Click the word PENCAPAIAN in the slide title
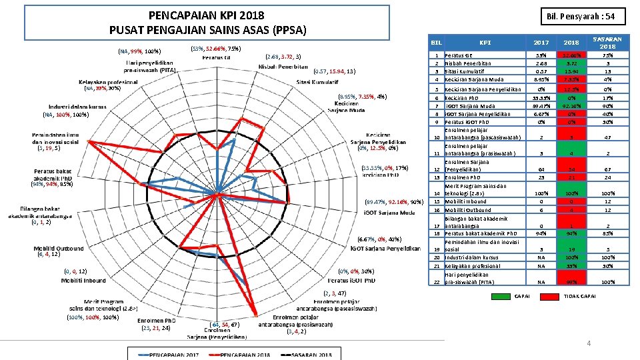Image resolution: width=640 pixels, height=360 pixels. [x=177, y=15]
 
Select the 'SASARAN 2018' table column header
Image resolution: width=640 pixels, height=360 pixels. [x=607, y=43]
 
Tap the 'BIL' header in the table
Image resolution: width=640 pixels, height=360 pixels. [x=437, y=42]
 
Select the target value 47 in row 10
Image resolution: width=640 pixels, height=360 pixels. [x=607, y=137]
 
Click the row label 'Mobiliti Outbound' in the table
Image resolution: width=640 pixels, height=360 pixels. [x=466, y=210]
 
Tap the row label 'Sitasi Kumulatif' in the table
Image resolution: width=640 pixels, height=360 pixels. [x=467, y=71]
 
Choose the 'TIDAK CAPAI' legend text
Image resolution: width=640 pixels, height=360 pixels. [x=580, y=296]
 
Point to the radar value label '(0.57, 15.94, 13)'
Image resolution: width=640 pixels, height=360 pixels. [x=337, y=71]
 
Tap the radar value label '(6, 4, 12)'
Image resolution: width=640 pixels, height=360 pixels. [x=49, y=254]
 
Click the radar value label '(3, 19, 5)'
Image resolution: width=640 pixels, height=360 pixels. [x=49, y=149]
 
